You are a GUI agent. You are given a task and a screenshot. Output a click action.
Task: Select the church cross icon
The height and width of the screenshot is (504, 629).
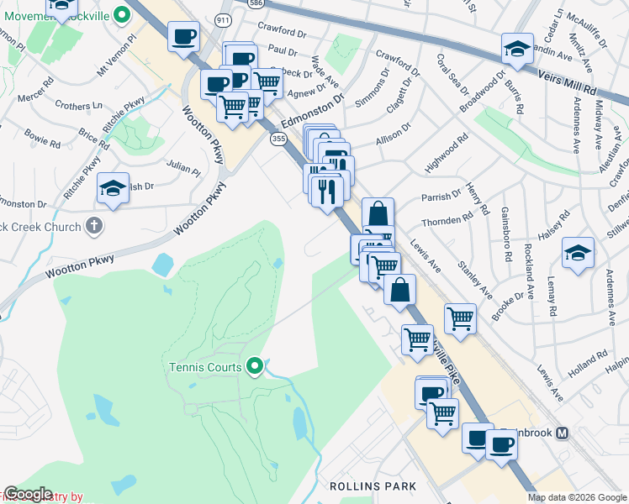(x=94, y=226)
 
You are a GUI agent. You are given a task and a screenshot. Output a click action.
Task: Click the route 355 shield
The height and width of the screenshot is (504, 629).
(x=277, y=139)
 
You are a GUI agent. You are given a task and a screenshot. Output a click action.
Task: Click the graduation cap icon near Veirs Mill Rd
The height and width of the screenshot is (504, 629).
(x=517, y=49)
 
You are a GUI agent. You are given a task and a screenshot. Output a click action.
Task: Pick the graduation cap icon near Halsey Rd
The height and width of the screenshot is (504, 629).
(x=578, y=254)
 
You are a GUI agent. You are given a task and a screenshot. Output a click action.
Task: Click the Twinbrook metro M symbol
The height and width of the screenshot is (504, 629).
(x=563, y=433)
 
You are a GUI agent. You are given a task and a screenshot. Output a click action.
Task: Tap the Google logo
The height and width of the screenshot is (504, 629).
(x=28, y=494)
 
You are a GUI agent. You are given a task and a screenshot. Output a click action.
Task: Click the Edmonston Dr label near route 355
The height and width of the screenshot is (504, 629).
(x=313, y=110)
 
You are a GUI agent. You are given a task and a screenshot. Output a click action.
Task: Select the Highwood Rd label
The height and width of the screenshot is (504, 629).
(x=446, y=156)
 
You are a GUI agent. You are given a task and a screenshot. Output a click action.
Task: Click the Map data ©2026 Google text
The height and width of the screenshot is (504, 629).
(x=577, y=497)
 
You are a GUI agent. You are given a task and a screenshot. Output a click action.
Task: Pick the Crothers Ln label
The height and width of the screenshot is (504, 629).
(x=78, y=106)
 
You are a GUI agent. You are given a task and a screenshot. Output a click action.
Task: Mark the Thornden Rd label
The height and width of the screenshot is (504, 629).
(x=448, y=220)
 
